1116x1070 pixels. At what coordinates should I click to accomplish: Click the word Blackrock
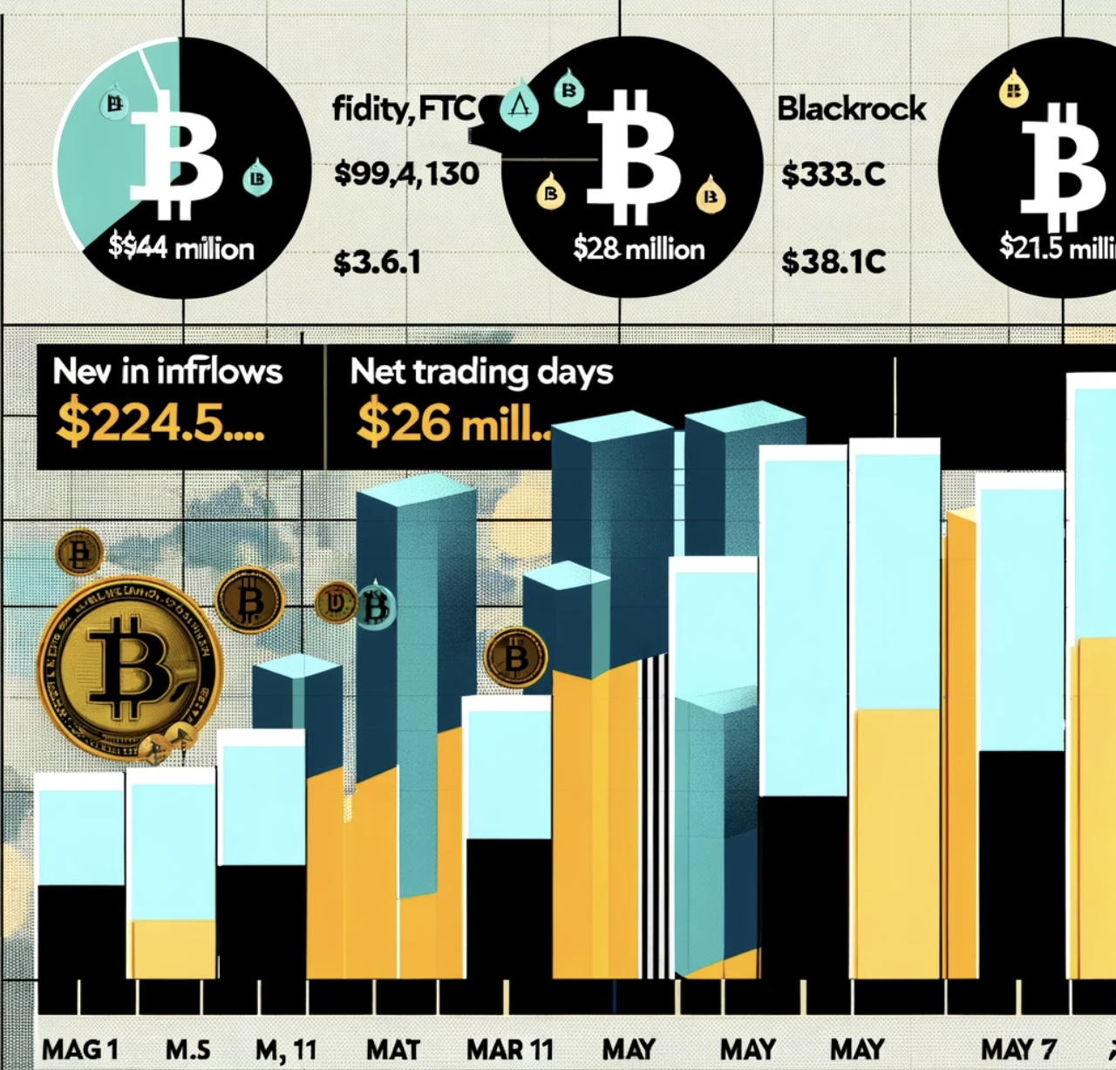click(852, 109)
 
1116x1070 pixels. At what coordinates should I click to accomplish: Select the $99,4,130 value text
click(406, 173)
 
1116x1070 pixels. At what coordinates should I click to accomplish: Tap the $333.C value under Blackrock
click(834, 174)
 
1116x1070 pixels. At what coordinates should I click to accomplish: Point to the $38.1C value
click(834, 261)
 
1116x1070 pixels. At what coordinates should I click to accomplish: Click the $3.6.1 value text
click(377, 261)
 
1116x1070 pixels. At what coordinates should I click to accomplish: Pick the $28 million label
click(639, 249)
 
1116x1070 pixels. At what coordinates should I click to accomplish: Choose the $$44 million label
click(181, 248)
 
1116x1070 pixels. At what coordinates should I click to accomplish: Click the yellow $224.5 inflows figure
click(160, 423)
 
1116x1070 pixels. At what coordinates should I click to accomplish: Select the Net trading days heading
click(481, 372)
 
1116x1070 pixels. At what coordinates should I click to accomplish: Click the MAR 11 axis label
click(510, 1049)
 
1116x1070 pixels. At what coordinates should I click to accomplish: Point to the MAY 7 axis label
click(1018, 1049)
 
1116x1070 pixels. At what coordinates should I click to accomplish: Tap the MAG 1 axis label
click(79, 1049)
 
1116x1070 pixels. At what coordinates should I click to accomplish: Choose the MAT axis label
click(393, 1049)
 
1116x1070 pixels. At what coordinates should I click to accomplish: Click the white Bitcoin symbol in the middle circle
click(634, 157)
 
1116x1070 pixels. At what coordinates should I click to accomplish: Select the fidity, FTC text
click(404, 109)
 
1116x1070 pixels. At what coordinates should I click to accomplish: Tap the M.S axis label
click(187, 1049)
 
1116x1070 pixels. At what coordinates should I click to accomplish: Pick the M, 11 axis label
click(286, 1049)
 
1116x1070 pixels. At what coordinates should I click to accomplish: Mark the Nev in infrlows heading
click(167, 372)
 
